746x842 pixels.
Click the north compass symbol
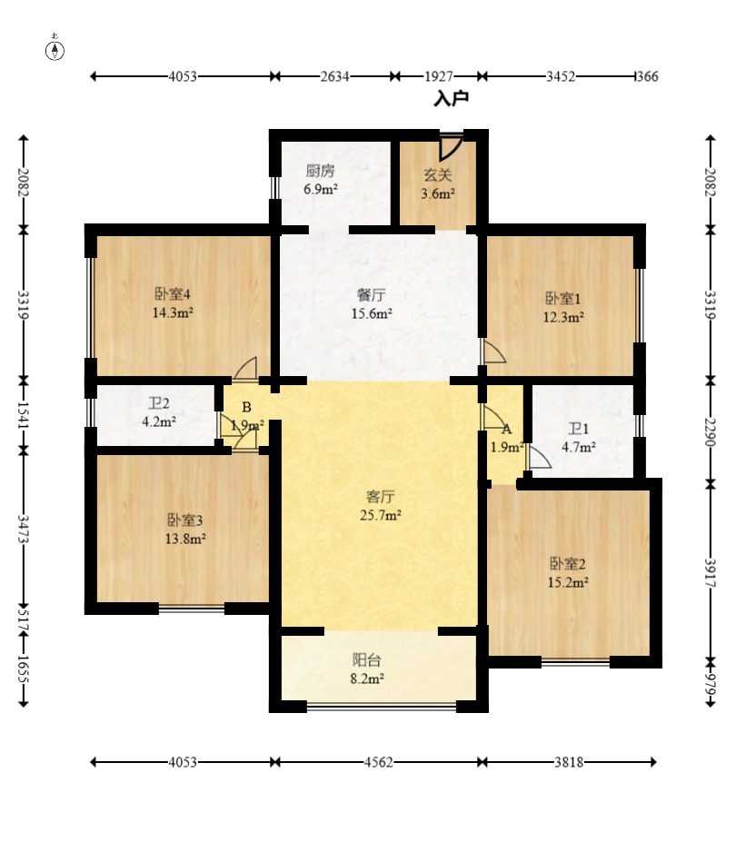[55, 48]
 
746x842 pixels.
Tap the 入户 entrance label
[452, 99]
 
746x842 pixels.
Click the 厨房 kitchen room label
[320, 171]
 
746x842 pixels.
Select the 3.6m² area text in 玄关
[438, 193]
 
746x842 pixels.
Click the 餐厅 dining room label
[371, 295]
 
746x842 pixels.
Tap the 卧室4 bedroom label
[173, 293]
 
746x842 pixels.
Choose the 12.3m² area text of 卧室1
[563, 317]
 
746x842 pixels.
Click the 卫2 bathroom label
[159, 403]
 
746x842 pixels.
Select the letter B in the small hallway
[246, 407]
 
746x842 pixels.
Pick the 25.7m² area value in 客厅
[381, 515]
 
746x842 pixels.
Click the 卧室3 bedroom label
[184, 520]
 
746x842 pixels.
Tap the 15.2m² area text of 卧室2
[568, 582]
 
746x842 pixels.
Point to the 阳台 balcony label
[367, 659]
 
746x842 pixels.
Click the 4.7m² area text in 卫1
[579, 447]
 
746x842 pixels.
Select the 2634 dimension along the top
[335, 77]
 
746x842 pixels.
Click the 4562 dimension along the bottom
[379, 762]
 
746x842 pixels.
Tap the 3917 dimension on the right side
[710, 573]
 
